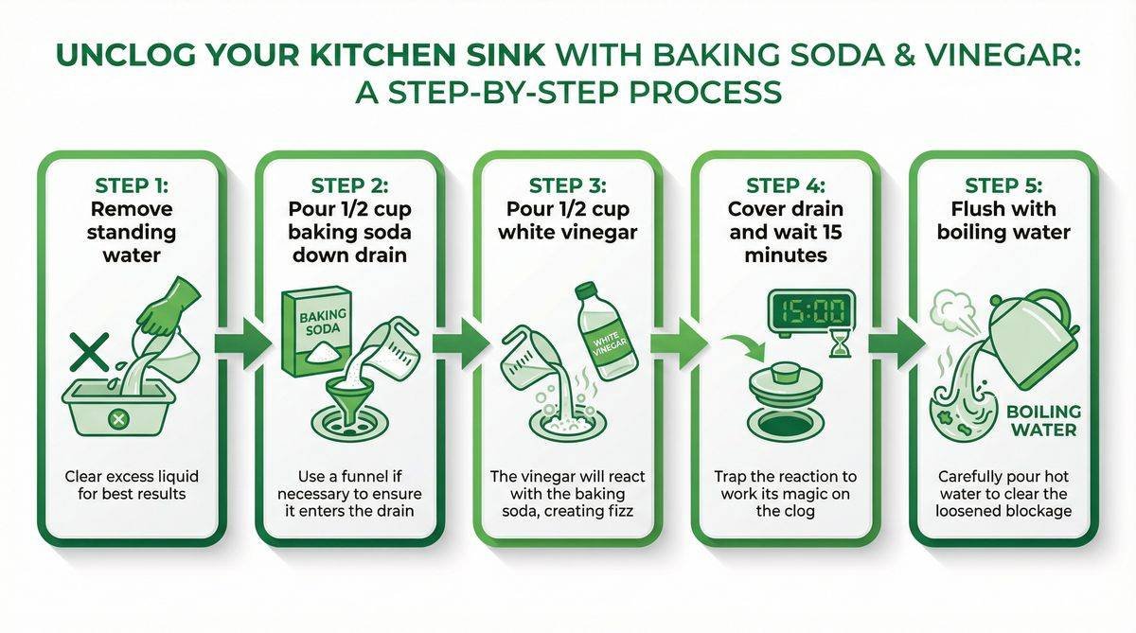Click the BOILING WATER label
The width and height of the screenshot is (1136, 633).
tap(1041, 421)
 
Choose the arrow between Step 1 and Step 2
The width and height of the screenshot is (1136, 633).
tap(241, 345)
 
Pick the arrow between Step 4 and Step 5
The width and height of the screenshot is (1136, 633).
tap(895, 345)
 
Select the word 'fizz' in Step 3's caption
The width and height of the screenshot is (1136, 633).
tap(621, 511)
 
